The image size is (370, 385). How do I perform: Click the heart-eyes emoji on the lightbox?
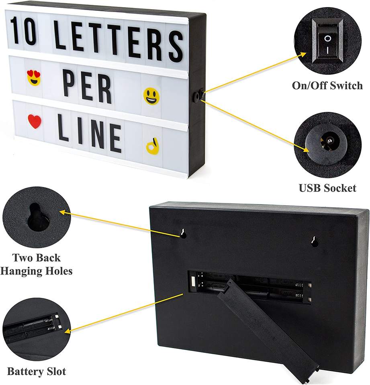pyautogui.click(x=34, y=77)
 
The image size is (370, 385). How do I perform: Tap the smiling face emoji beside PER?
pyautogui.click(x=151, y=96)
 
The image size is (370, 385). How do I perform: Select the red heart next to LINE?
pyautogui.click(x=35, y=121)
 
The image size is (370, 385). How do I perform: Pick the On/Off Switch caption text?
pyautogui.click(x=327, y=85)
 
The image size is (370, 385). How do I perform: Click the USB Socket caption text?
pyautogui.click(x=327, y=188)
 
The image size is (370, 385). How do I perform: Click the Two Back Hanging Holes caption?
pyautogui.click(x=36, y=264)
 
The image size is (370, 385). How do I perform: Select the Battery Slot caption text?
pyautogui.click(x=36, y=371)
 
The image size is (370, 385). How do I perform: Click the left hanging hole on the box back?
pyautogui.click(x=183, y=234)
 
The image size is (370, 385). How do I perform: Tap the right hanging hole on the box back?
pyautogui.click(x=315, y=241)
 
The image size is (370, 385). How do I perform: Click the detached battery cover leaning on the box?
pyautogui.click(x=267, y=327)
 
